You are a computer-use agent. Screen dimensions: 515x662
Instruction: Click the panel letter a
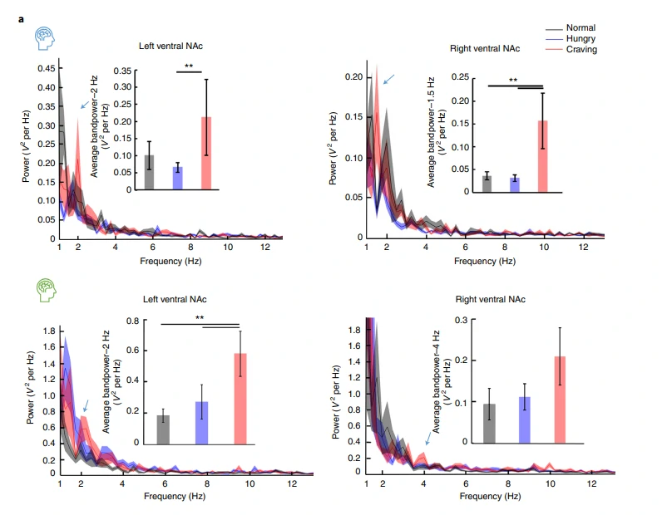pyautogui.click(x=21, y=17)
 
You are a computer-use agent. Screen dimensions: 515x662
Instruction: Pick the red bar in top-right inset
pyautogui.click(x=542, y=156)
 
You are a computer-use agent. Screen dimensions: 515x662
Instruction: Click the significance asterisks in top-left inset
pyautogui.click(x=189, y=67)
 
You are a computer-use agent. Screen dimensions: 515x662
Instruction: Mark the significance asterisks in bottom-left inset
pyautogui.click(x=200, y=318)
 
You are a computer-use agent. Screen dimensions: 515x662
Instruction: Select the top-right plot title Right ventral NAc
pyautogui.click(x=484, y=49)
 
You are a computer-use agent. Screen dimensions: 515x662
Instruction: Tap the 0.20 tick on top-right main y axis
pyautogui.click(x=353, y=76)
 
